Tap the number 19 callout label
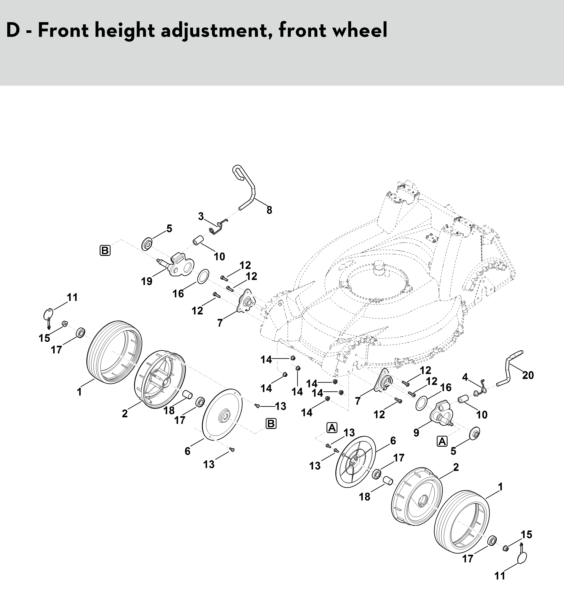147,282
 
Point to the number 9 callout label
416,433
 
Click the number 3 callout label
201,216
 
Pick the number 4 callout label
465,377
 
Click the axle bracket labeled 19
176,265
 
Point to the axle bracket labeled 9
441,414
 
